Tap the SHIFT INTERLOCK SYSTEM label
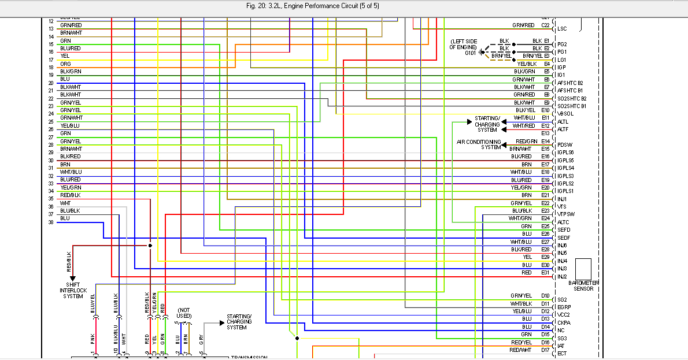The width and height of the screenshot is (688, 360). point(73,290)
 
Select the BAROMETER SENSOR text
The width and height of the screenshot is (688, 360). point(583,285)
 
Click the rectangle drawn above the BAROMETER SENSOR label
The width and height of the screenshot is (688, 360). point(583,269)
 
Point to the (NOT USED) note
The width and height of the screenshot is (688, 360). point(184,313)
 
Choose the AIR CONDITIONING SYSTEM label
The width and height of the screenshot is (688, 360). point(479,144)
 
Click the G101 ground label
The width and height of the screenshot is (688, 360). point(471,53)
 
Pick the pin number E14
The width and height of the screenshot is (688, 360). point(545,141)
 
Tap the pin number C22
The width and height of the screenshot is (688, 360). point(545,25)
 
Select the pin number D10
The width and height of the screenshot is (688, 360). point(545,296)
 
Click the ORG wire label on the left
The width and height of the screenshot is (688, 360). point(65,64)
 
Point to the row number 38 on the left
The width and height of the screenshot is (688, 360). point(51,222)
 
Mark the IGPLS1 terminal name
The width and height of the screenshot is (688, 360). point(565,191)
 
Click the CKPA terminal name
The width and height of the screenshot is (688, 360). point(563,322)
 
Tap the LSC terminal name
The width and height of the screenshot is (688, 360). point(562,28)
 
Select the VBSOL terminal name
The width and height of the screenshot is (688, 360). point(564,113)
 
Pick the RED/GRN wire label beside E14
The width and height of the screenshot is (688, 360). point(527,141)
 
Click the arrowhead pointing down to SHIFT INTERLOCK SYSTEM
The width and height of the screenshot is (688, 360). point(73,279)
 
